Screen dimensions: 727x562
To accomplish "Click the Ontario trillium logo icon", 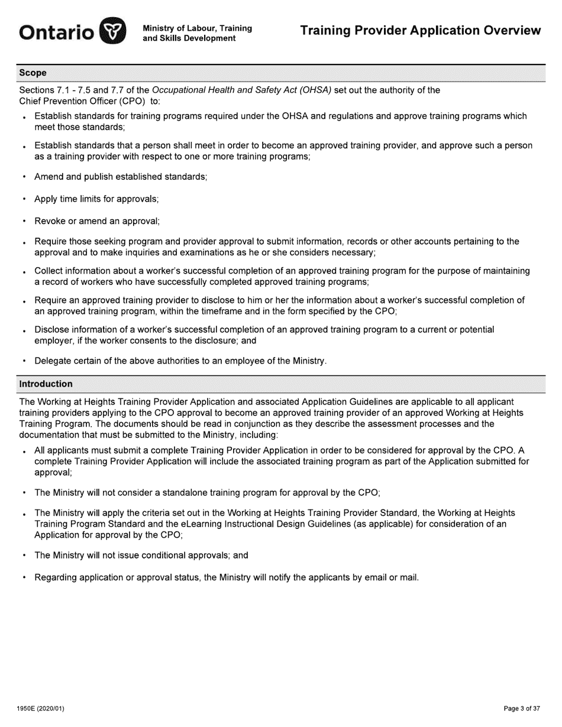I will (112, 31).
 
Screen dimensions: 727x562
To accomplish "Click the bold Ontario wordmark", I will (56, 32).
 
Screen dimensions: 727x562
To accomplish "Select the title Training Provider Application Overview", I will (420, 31).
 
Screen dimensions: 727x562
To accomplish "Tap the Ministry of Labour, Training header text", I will (197, 28).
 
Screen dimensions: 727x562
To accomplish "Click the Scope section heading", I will (33, 73).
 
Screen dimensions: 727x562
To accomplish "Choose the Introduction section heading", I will (46, 384).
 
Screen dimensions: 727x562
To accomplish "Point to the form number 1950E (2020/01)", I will (40, 708).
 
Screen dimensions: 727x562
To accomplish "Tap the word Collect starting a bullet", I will (50, 271).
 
